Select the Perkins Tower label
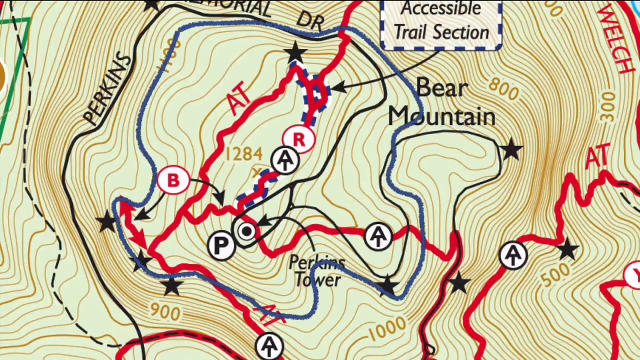pyautogui.click(x=317, y=271)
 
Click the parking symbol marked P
pyautogui.click(x=221, y=245)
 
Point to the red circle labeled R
pyautogui.click(x=298, y=140)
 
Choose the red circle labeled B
pyautogui.click(x=173, y=180)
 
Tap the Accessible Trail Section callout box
pyautogui.click(x=441, y=22)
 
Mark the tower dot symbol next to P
pyautogui.click(x=246, y=231)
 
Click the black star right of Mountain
pyautogui.click(x=511, y=149)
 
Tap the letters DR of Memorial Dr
pyautogui.click(x=310, y=19)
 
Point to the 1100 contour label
pyautogui.click(x=169, y=56)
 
